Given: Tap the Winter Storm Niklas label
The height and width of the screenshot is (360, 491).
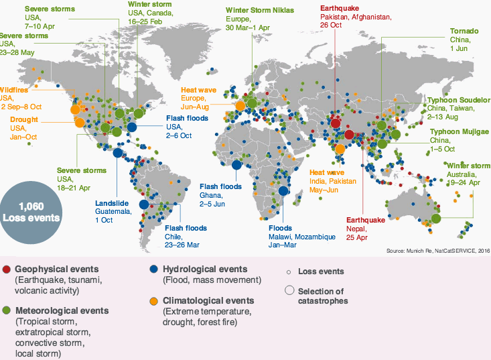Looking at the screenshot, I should pos(257,19).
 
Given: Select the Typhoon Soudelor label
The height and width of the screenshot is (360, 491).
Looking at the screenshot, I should pos(458,107).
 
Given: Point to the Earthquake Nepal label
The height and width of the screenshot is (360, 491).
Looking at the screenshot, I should pos(366,227).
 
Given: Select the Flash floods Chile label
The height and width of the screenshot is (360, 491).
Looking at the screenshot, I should pos(186,236).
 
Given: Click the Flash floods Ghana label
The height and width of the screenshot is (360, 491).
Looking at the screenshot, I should pos(221,194).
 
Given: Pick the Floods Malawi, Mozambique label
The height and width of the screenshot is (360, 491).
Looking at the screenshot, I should pos(297,236).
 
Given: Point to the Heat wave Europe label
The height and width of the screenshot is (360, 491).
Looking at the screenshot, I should pos(200,97).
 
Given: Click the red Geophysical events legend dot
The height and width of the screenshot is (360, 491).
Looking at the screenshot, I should pos(6,268).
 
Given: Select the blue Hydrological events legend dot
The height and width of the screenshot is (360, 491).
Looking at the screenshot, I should pos(154,268).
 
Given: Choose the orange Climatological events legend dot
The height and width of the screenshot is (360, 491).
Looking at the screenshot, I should pos(154,300).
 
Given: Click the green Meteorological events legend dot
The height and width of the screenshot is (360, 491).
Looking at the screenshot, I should pos(6,310).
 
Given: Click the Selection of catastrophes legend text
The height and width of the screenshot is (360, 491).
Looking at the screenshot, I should pos(323,296).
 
